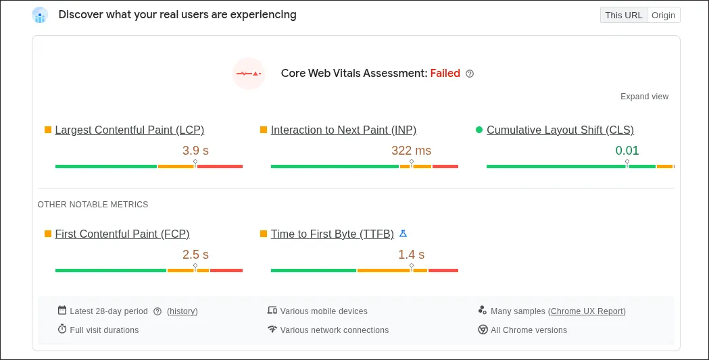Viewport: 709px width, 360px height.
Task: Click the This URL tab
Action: (623, 15)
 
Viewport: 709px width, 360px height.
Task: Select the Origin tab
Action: (663, 15)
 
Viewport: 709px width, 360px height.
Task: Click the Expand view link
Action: (644, 97)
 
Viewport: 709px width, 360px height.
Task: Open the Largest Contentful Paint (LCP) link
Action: (129, 130)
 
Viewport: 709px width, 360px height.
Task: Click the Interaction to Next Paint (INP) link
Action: (343, 130)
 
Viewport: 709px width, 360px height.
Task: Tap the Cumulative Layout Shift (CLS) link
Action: (560, 130)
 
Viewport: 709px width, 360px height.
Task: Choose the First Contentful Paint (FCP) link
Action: (122, 234)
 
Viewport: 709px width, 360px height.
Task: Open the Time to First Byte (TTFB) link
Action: (332, 234)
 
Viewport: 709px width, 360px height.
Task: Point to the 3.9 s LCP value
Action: (195, 151)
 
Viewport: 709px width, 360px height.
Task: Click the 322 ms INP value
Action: (411, 151)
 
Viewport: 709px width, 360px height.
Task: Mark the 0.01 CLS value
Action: (627, 151)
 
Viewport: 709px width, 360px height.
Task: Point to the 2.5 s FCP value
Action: (195, 255)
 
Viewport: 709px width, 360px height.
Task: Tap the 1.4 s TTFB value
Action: (411, 255)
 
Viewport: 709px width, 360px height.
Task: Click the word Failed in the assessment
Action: (445, 73)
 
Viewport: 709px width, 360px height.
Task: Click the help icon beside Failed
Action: (470, 74)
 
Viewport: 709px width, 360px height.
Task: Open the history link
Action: (182, 311)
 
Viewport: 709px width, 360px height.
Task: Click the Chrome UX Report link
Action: (587, 311)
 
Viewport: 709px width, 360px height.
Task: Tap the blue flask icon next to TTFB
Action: (403, 234)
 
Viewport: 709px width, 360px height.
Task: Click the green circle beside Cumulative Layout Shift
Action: (479, 130)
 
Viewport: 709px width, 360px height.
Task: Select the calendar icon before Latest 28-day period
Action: (62, 311)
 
